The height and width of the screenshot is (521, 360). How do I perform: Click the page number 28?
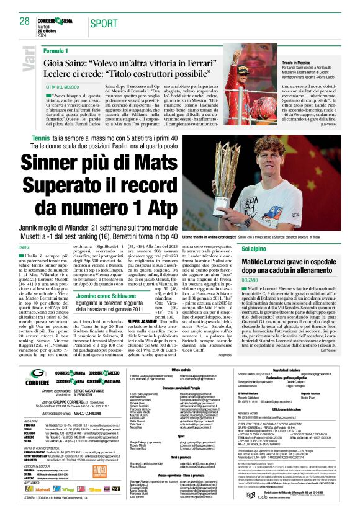pos(24,22)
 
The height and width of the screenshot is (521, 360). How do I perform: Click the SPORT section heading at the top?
pos(103,23)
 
